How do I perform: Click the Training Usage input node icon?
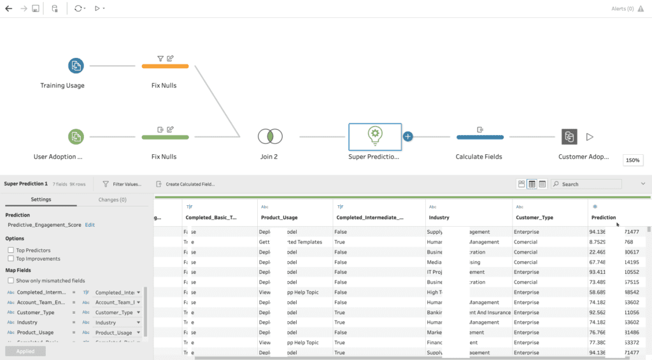click(x=76, y=66)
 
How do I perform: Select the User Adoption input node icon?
click(x=76, y=136)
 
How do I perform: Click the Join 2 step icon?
click(x=270, y=136)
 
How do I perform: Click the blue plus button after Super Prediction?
click(x=408, y=136)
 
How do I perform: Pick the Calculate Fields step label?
click(x=479, y=157)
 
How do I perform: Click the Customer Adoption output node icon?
click(x=569, y=136)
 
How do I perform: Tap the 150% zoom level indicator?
click(x=633, y=161)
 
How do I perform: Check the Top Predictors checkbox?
click(x=11, y=250)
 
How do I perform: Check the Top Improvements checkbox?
click(x=11, y=259)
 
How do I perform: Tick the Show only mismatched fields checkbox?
click(x=11, y=281)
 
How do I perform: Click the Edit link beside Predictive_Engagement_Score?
click(x=90, y=225)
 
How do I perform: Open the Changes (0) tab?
click(x=112, y=199)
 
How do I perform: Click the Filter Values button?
click(x=122, y=184)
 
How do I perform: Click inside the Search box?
click(x=589, y=184)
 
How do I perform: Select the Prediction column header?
click(x=604, y=217)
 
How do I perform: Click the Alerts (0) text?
click(x=622, y=9)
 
